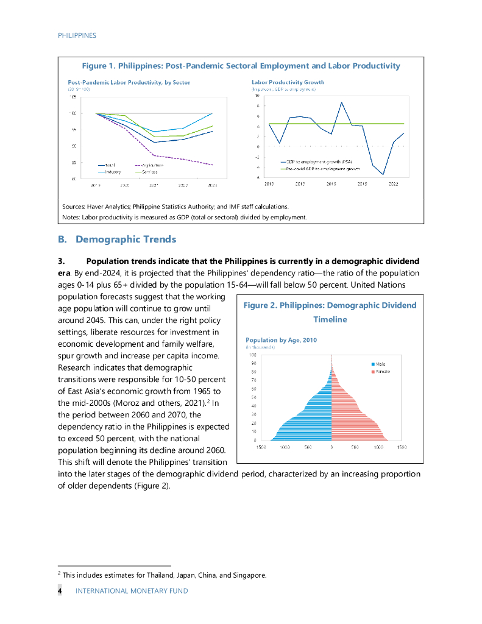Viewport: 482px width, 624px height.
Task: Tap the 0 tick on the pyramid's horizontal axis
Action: coord(331,447)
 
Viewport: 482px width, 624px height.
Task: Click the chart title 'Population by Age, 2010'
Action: coord(281,340)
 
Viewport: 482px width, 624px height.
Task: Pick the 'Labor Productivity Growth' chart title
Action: coord(288,82)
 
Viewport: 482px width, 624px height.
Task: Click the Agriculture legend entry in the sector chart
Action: coord(151,165)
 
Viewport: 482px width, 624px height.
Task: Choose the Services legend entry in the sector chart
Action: coord(150,172)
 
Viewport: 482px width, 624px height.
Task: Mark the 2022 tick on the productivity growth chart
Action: coord(393,183)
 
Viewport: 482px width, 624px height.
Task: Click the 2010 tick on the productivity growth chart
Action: coord(269,183)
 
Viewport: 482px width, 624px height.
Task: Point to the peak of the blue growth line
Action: coord(341,102)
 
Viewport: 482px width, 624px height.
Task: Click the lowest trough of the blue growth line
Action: coord(383,174)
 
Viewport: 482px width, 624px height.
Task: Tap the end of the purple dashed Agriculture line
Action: coord(212,165)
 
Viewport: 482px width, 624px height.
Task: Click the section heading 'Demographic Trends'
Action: coord(126,239)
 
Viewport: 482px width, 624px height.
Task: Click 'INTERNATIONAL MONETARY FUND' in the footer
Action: coord(131,590)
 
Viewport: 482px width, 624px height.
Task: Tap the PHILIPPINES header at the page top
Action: coord(77,35)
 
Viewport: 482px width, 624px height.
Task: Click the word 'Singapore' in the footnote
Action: coord(250,575)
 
